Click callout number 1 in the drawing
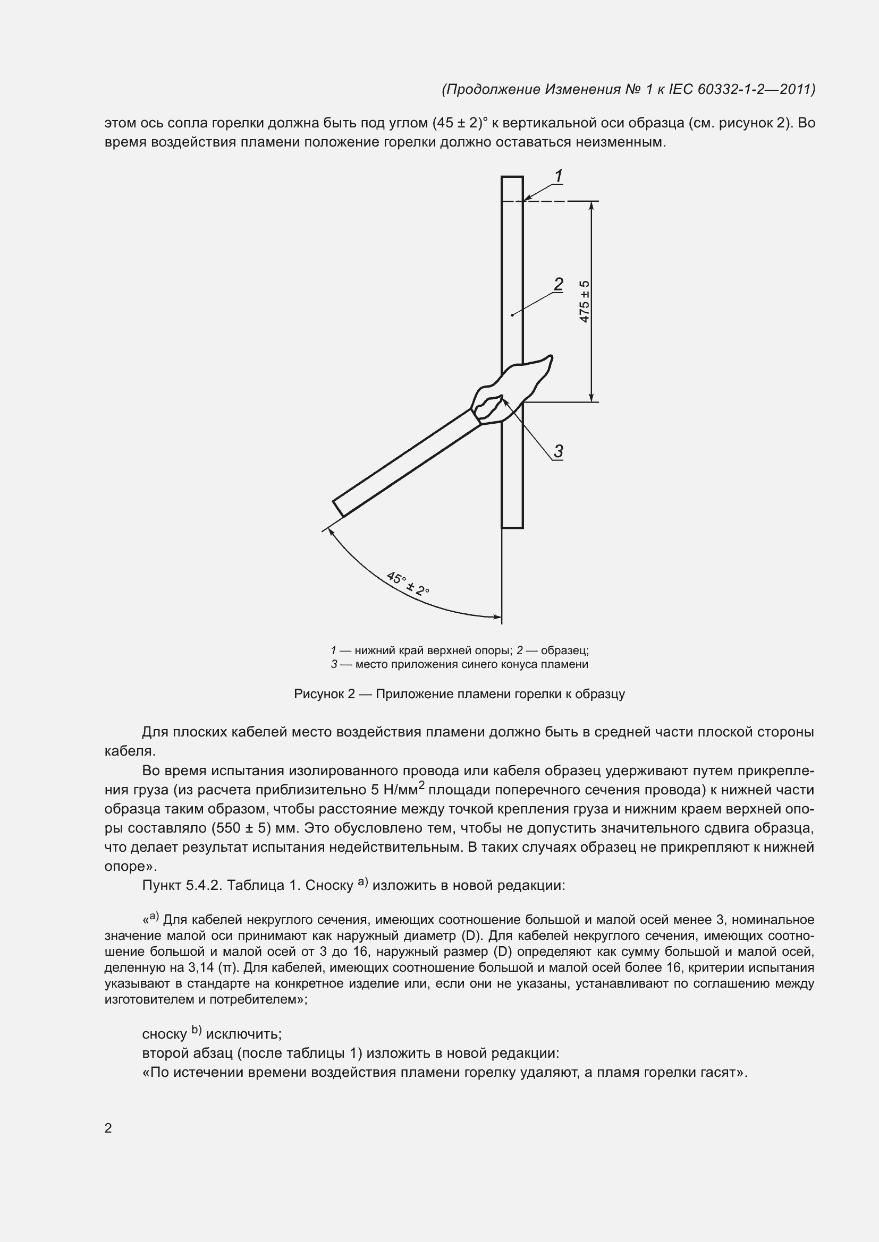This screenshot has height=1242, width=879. pyautogui.click(x=559, y=176)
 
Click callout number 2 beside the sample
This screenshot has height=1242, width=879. pyautogui.click(x=559, y=284)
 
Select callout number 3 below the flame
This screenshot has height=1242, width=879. pyautogui.click(x=559, y=451)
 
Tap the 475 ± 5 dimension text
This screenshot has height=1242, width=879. pyautogui.click(x=585, y=301)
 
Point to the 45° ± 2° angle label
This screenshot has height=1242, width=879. pyautogui.click(x=408, y=583)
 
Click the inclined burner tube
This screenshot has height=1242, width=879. pyautogui.click(x=406, y=462)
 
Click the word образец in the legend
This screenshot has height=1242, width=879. pyautogui.click(x=563, y=650)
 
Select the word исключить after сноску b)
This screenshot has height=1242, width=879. pyautogui.click(x=243, y=1034)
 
